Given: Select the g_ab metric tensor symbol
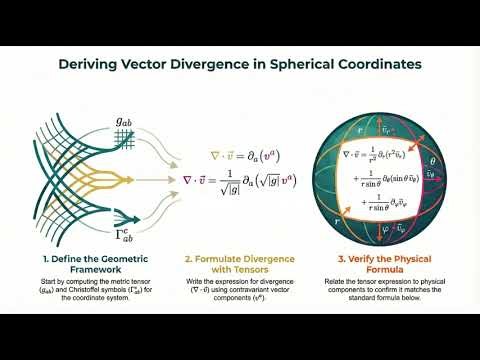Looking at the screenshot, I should click(x=124, y=123).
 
